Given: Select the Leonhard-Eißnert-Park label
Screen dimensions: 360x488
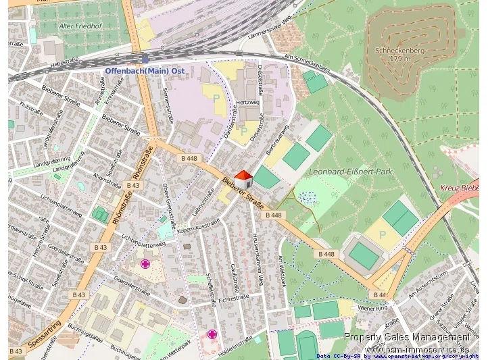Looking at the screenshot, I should pyautogui.click(x=350, y=172).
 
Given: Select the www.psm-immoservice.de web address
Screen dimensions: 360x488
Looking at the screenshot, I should pyautogui.click(x=416, y=349).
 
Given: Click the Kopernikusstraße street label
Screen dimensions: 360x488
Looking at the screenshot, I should pyautogui.click(x=198, y=226).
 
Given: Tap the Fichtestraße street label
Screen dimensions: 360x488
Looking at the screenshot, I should pyautogui.click(x=234, y=295).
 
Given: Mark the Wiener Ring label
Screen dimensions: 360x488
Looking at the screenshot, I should pyautogui.click(x=374, y=308).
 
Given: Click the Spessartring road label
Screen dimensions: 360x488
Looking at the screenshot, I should pyautogui.click(x=45, y=336).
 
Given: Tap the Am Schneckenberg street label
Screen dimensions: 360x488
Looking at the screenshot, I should pyautogui.click(x=307, y=63).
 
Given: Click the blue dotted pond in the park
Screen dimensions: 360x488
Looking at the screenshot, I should pyautogui.click(x=308, y=197).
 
